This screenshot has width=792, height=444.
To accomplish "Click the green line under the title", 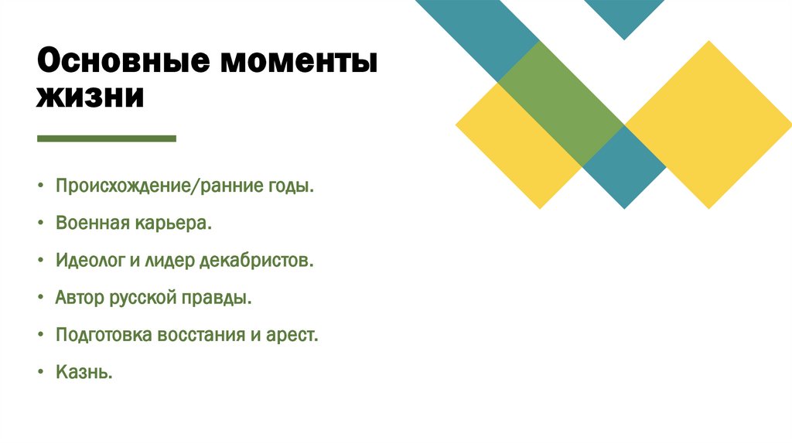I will [107, 139].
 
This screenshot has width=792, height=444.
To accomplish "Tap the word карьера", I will [174, 224].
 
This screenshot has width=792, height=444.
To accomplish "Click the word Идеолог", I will [89, 261].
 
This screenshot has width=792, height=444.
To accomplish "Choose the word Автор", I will [78, 299].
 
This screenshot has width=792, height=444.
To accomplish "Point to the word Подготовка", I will [104, 336].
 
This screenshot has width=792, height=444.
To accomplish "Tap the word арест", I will [292, 336].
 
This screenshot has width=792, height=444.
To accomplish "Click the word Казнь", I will [84, 373].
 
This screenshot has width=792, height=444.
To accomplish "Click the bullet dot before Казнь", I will [39, 374].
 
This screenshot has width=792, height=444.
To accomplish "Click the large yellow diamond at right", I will [708, 124].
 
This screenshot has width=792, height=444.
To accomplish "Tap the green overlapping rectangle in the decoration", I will [561, 103].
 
